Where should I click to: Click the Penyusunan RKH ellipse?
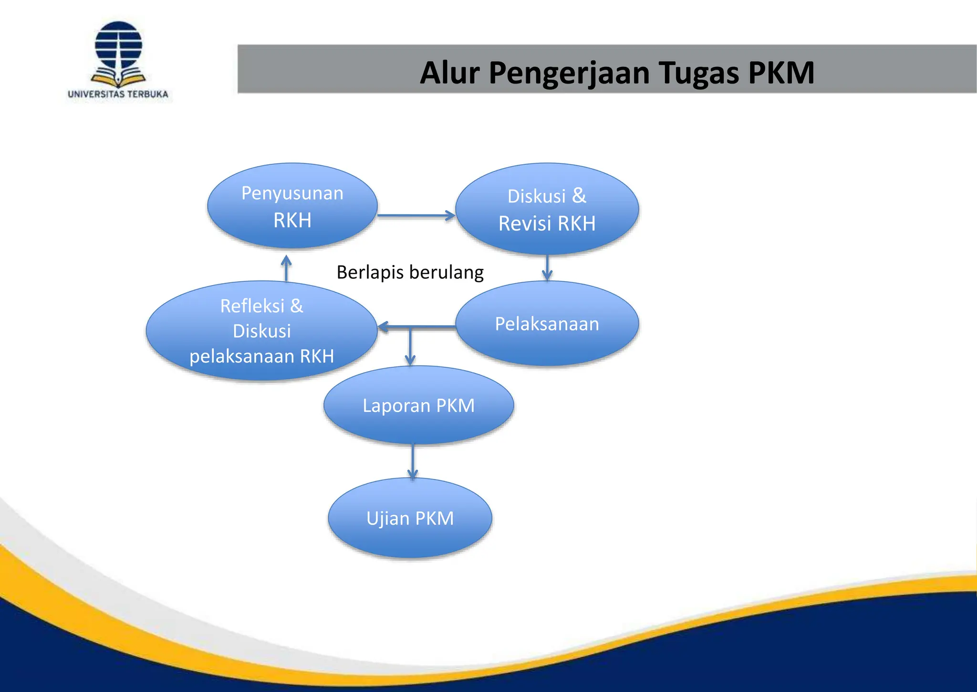coord(292,206)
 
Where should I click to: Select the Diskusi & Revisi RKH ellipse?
coord(547,209)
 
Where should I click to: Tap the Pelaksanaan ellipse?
coord(547,324)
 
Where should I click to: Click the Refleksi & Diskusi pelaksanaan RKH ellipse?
coord(261,330)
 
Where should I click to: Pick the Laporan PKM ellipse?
coord(418,405)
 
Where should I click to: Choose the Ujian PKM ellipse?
coord(410,518)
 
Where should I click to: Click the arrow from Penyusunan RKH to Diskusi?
coord(416,215)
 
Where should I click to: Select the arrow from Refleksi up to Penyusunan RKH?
coord(286,268)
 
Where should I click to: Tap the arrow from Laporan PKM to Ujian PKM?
coord(413,461)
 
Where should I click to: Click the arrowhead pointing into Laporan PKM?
coord(410,359)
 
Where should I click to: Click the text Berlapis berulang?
coord(410,272)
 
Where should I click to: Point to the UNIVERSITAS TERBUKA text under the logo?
coord(118,94)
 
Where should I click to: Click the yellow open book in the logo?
coord(118,79)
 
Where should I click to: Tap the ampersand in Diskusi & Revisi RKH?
coord(579,195)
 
